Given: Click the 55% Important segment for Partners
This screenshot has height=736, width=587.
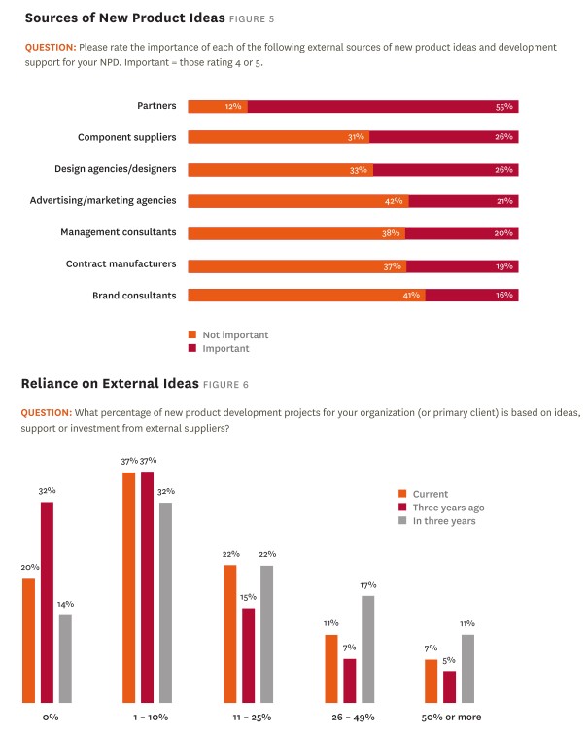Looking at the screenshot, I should click(383, 107).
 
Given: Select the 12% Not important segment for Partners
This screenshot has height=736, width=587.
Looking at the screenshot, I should click(217, 107).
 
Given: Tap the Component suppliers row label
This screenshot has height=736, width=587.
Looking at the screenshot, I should click(126, 137).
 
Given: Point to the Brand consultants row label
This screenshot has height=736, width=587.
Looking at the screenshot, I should click(134, 295).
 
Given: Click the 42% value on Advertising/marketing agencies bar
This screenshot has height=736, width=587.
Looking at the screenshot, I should click(395, 201).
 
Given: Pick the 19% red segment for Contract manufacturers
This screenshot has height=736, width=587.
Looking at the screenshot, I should click(463, 265).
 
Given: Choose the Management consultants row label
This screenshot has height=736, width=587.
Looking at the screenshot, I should click(118, 232).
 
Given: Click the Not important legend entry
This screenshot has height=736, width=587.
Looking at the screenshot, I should click(234, 334).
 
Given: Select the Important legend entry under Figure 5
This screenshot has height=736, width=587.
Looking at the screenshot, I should click(224, 348).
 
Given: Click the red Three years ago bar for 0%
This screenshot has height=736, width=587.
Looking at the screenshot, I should click(47, 602).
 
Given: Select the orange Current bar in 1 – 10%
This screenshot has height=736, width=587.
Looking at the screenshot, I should click(129, 587).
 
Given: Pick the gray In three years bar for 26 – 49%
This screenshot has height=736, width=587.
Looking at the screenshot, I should click(367, 648).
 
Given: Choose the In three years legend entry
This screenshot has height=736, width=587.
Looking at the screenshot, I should click(443, 521).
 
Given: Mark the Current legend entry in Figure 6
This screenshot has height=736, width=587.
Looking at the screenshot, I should click(429, 494).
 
